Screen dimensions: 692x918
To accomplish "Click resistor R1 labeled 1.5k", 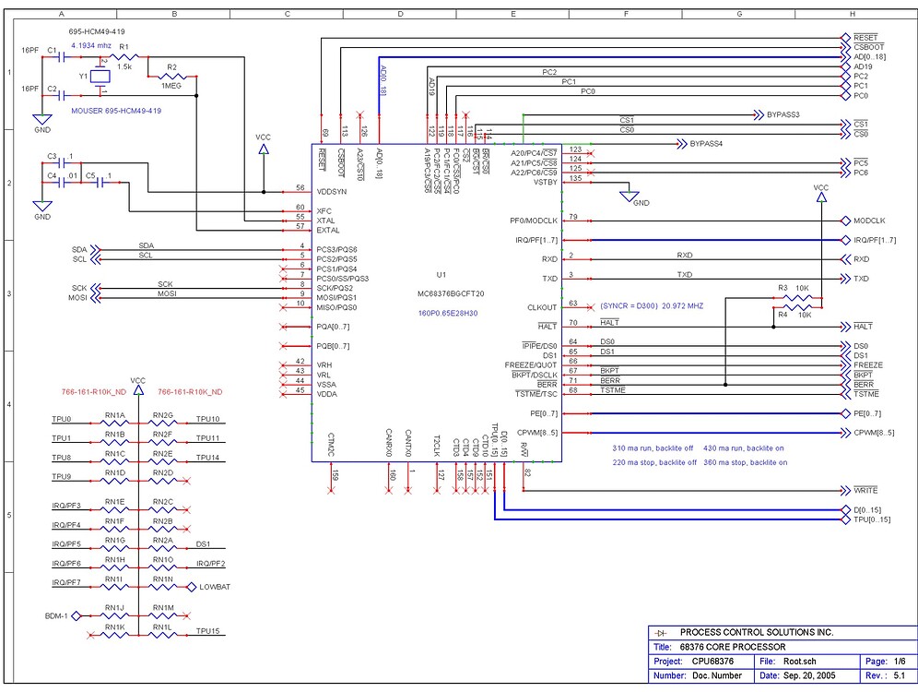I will pyautogui.click(x=124, y=57).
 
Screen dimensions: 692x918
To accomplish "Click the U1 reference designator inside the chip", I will pyautogui.click(x=441, y=275).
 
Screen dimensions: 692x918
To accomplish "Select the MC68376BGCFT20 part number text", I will pyautogui.click(x=450, y=294).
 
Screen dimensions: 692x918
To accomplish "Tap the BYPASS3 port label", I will pyautogui.click(x=782, y=114).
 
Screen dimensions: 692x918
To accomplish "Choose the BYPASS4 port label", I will pyautogui.click(x=704, y=144).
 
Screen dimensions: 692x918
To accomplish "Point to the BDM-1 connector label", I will pyautogui.click(x=58, y=615).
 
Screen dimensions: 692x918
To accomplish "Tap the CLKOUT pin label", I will pyautogui.click(x=542, y=307).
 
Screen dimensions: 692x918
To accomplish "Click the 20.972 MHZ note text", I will pyautogui.click(x=682, y=304).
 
